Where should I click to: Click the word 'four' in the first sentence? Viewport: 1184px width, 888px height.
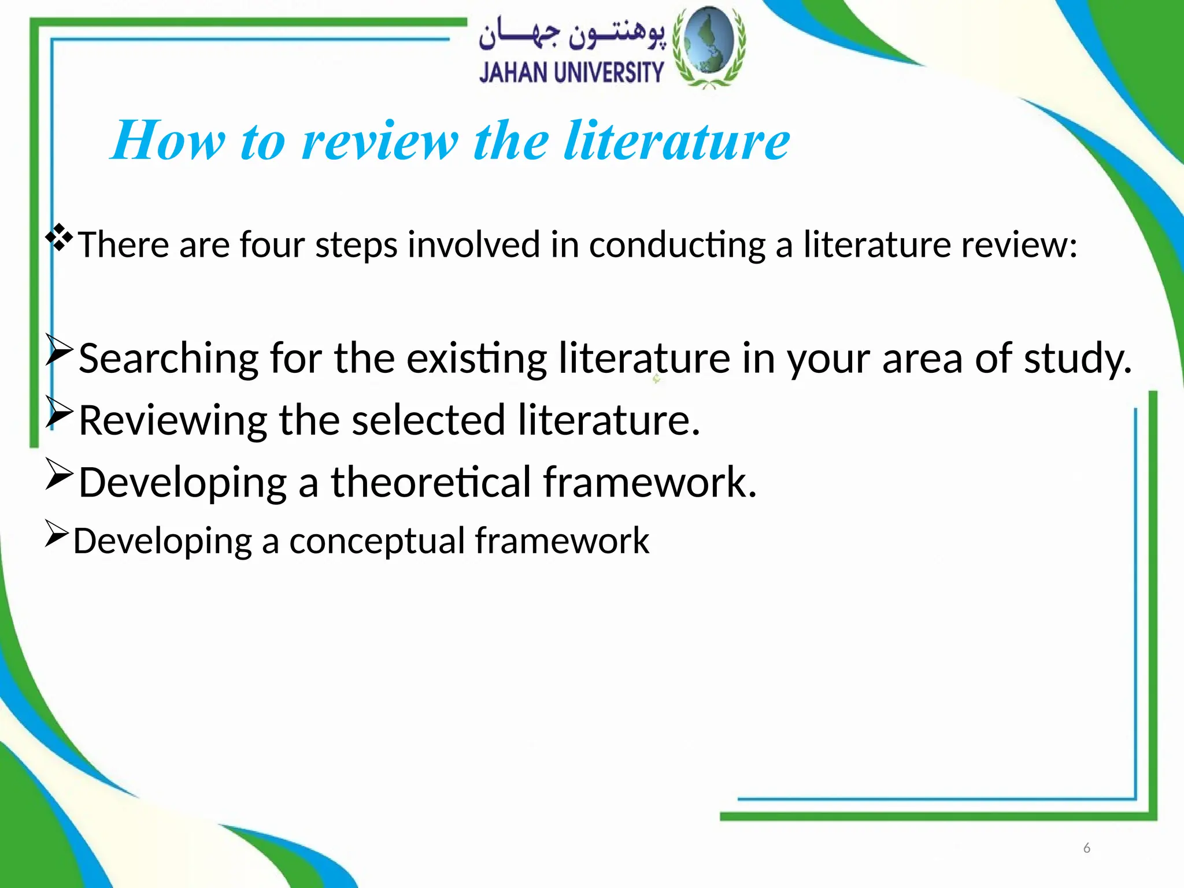click(272, 245)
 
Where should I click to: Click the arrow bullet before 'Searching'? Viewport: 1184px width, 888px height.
click(59, 350)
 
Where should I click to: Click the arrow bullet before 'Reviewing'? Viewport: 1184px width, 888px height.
click(59, 412)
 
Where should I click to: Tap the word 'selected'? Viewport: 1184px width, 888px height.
click(428, 420)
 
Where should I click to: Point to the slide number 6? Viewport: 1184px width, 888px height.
click(1086, 848)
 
